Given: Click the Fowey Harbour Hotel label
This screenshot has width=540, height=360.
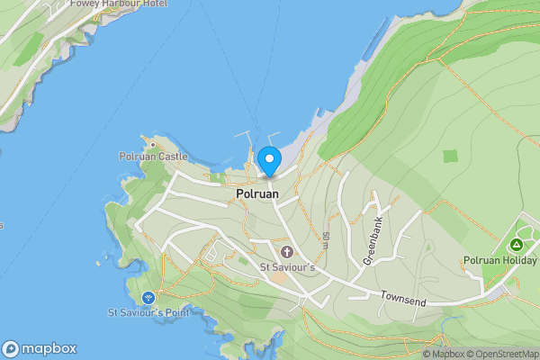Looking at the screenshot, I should tap(103, 3).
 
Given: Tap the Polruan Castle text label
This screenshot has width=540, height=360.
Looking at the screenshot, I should tap(153, 157).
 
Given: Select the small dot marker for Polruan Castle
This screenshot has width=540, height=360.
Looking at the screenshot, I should tap(153, 143).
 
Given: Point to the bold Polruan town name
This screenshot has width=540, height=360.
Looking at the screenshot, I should tap(257, 193).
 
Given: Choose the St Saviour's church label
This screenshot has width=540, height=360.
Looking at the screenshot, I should tap(287, 267).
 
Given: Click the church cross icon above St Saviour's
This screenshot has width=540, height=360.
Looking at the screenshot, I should tap(287, 251).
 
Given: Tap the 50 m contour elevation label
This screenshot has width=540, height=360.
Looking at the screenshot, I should tap(325, 240).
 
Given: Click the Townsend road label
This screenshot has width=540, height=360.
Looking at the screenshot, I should tap(401, 294).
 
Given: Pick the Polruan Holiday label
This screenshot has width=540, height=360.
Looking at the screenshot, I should tap(501, 261).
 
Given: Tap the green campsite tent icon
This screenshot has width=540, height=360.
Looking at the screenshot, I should tap(517, 245).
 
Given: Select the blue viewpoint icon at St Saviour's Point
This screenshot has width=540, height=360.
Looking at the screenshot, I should tap(148, 297).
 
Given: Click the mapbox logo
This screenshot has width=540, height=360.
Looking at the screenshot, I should tap(40, 348).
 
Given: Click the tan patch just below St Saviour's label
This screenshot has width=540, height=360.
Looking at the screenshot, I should tap(280, 278).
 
